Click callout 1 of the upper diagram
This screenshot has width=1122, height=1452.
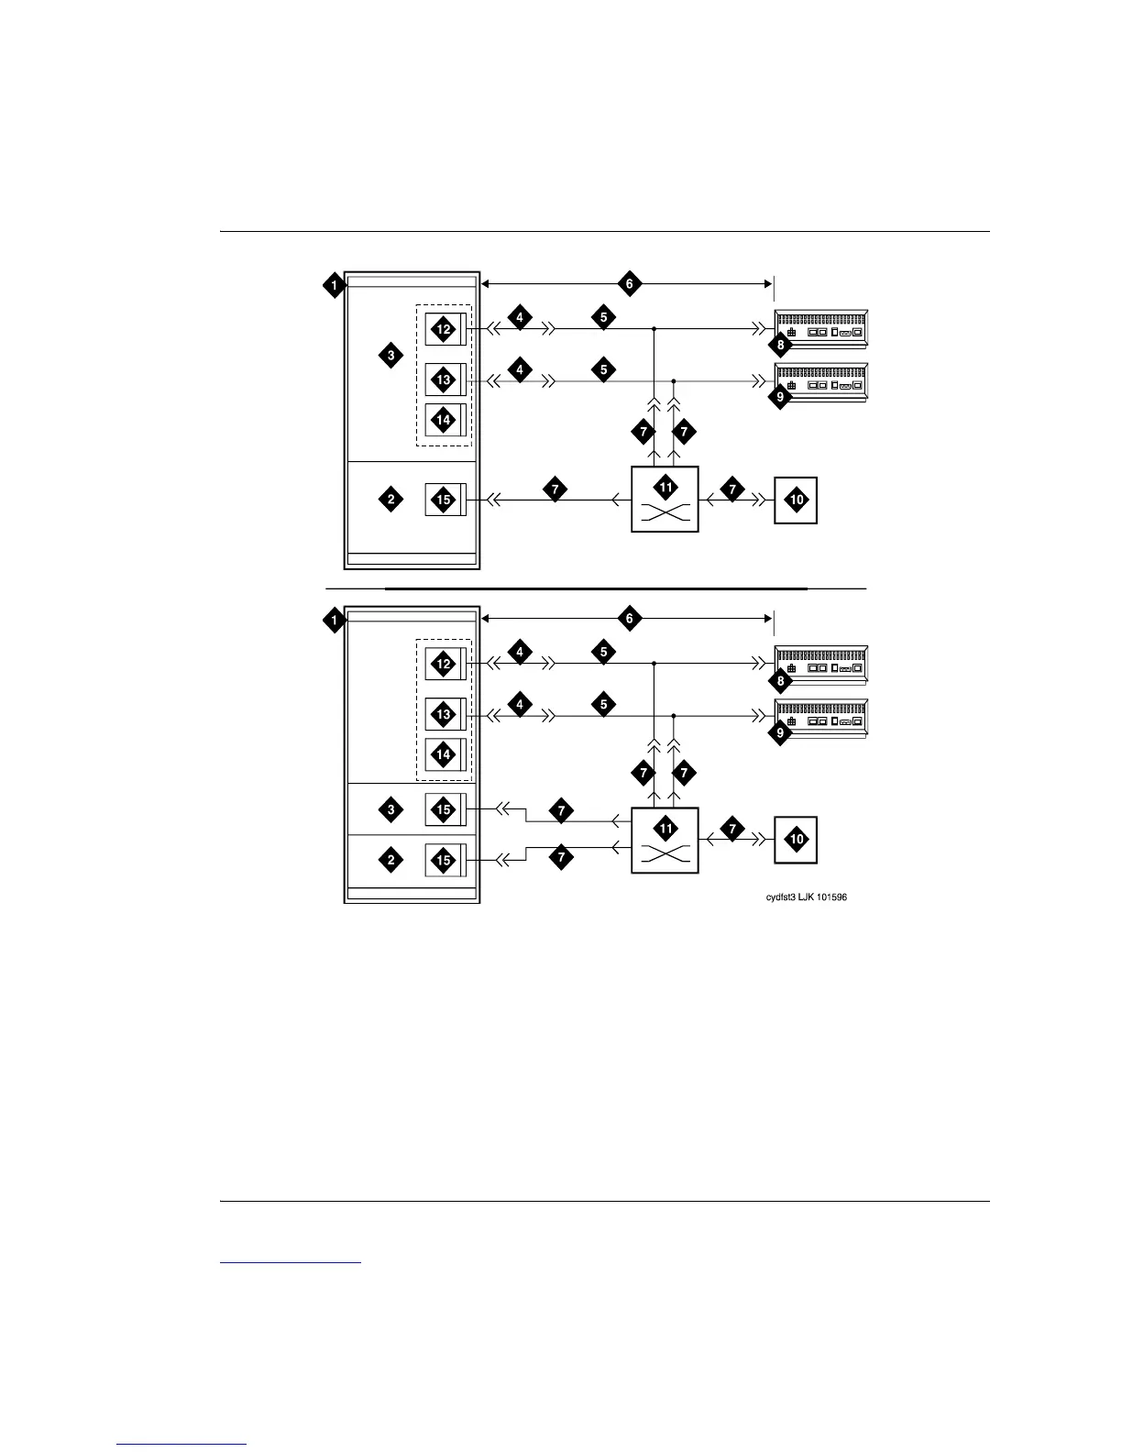(x=335, y=285)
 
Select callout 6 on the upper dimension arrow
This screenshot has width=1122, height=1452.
(x=629, y=284)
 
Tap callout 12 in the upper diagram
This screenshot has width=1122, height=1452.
(x=444, y=329)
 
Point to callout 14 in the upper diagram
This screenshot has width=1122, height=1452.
(x=444, y=420)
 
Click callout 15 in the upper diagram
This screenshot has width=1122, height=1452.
(x=444, y=500)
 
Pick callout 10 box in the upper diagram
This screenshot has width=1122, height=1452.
(x=796, y=500)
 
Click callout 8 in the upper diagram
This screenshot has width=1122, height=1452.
(x=780, y=346)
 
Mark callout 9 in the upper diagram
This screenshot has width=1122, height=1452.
(x=780, y=398)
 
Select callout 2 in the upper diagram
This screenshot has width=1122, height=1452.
(x=391, y=500)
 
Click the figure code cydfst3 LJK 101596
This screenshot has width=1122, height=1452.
(x=806, y=897)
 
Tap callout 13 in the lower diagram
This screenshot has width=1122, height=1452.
(x=444, y=714)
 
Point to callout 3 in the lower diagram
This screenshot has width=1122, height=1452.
(x=391, y=809)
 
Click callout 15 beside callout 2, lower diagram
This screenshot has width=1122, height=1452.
(x=444, y=860)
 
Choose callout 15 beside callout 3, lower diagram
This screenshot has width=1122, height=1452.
(x=444, y=809)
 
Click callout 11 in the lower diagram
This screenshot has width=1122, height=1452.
(x=665, y=829)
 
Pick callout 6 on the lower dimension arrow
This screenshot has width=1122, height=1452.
(x=629, y=619)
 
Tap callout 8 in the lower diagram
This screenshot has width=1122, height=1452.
(x=780, y=681)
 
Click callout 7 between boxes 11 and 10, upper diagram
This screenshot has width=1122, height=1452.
(x=731, y=490)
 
